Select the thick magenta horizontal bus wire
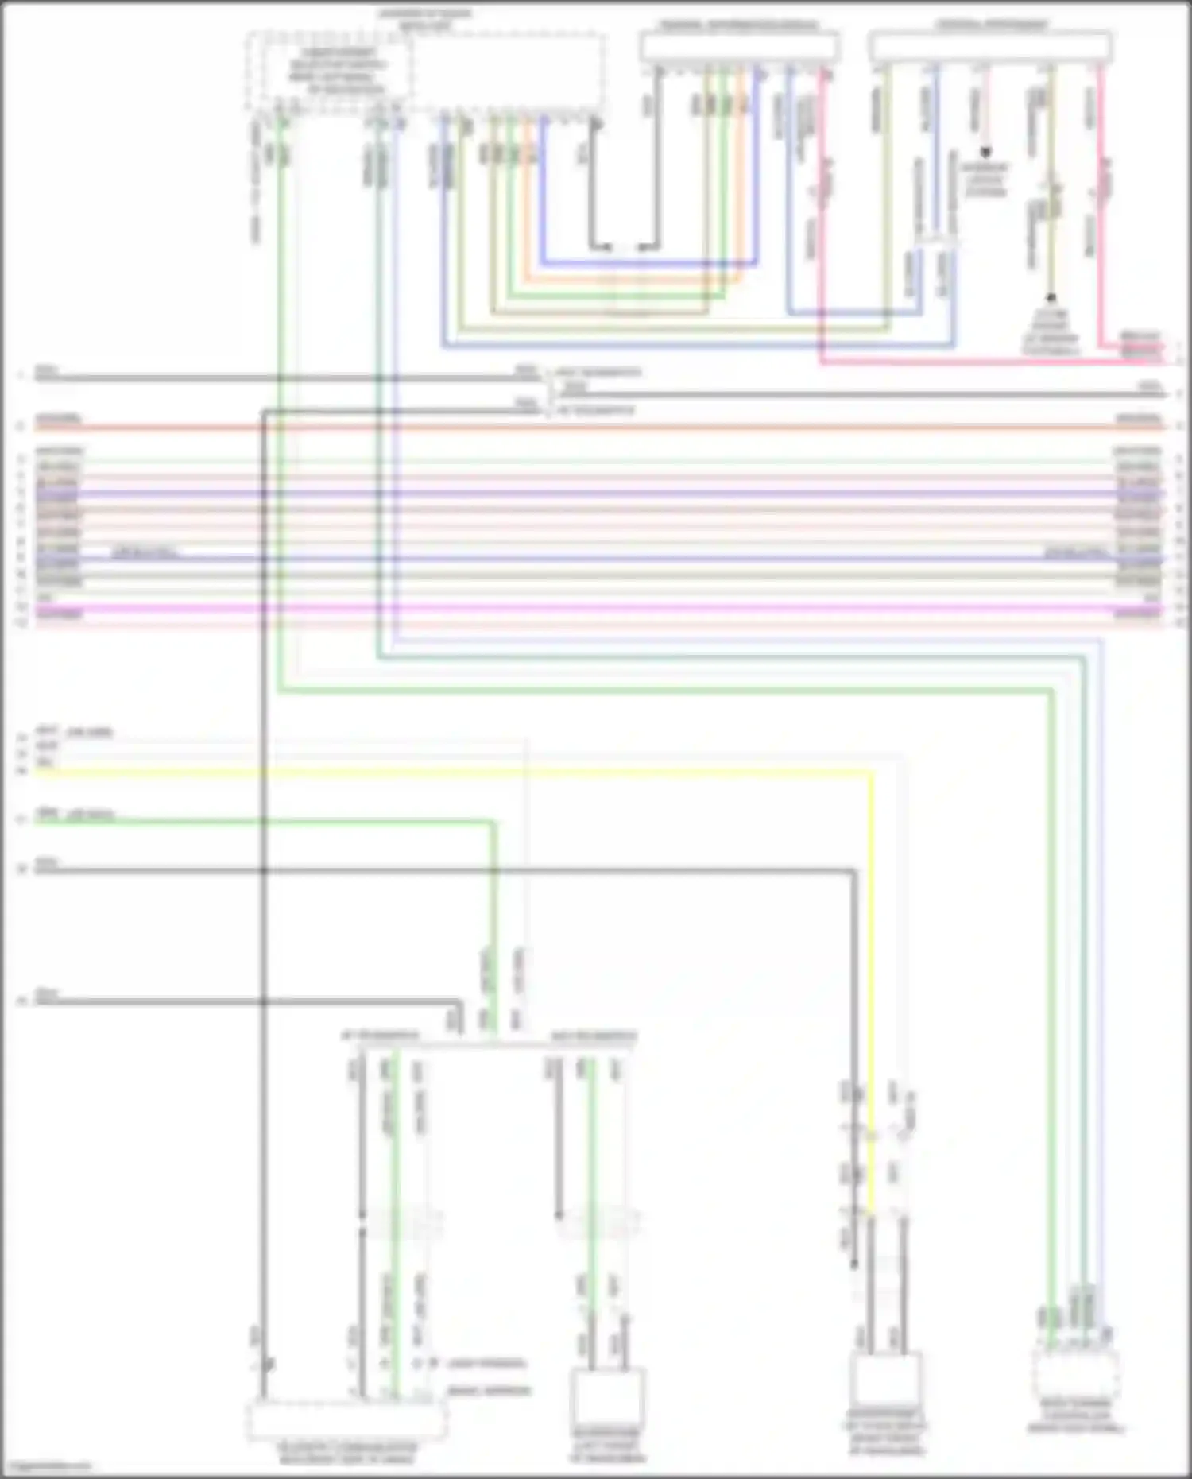596,609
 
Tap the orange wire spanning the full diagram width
596,428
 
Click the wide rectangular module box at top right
990,48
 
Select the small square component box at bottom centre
608,1404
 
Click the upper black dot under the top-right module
985,151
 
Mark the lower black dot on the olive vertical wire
1051,298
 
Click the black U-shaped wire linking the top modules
625,246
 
